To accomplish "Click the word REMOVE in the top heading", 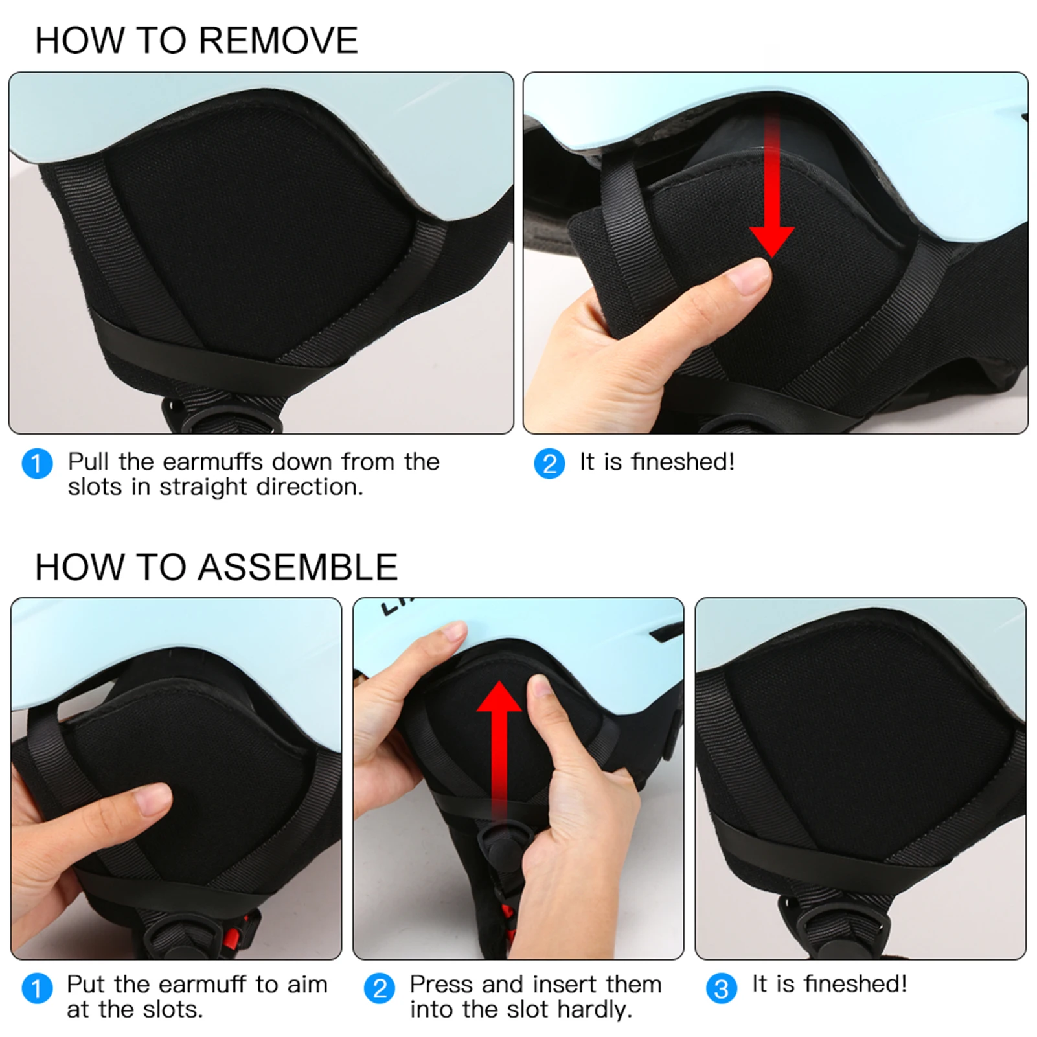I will (x=279, y=40).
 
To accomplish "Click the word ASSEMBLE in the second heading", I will (x=297, y=567).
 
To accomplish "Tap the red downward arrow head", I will (x=771, y=242).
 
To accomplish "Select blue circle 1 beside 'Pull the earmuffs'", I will (x=37, y=464).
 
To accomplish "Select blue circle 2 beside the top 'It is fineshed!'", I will (x=549, y=464).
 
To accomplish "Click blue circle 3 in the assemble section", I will (x=721, y=989).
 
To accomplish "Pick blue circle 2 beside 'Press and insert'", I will (x=379, y=989).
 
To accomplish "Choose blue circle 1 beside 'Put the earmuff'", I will (x=37, y=989).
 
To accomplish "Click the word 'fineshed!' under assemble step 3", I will (x=855, y=984).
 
